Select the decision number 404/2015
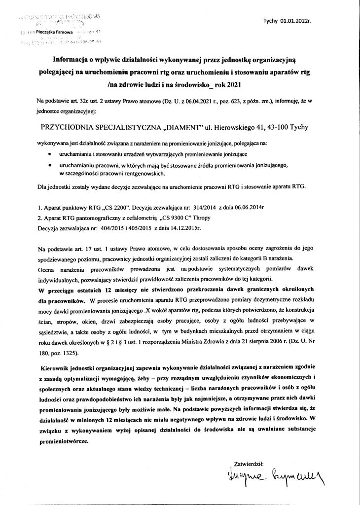tap(101, 229)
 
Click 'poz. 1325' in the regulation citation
tap(71, 353)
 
